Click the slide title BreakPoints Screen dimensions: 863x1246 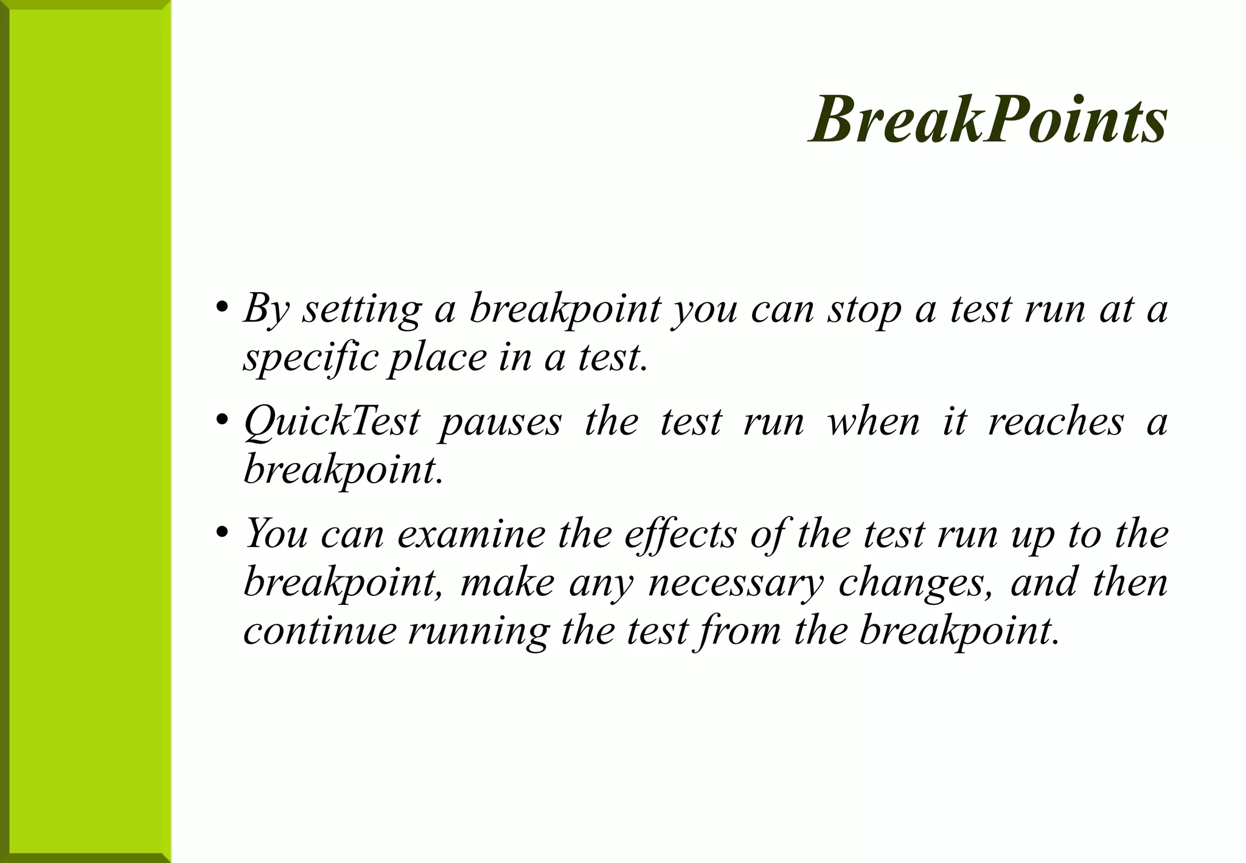point(988,121)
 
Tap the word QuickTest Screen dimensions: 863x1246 point(332,422)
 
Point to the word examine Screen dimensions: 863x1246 point(471,534)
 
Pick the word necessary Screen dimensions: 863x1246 point(736,583)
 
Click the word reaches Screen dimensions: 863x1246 point(1056,422)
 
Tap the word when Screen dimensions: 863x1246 point(873,422)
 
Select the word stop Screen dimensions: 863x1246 point(864,310)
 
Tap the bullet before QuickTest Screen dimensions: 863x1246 point(222,419)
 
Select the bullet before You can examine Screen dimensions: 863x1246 point(222,532)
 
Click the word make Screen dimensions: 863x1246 point(507,582)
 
